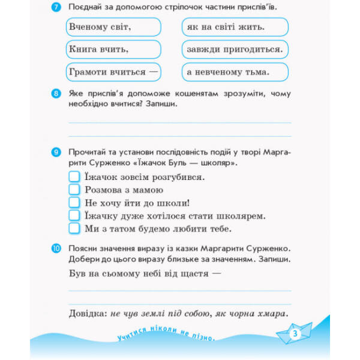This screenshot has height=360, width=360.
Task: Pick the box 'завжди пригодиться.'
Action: [235, 49]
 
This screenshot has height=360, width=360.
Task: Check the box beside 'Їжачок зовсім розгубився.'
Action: [74, 177]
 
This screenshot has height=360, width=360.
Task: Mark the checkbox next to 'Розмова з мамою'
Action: [74, 190]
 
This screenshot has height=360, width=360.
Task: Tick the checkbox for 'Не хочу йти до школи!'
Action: [74, 203]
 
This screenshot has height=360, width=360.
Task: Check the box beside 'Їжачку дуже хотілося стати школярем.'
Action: [74, 215]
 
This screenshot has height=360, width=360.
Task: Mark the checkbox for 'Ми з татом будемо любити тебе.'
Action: [74, 229]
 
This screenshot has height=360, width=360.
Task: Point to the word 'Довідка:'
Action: [86, 314]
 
